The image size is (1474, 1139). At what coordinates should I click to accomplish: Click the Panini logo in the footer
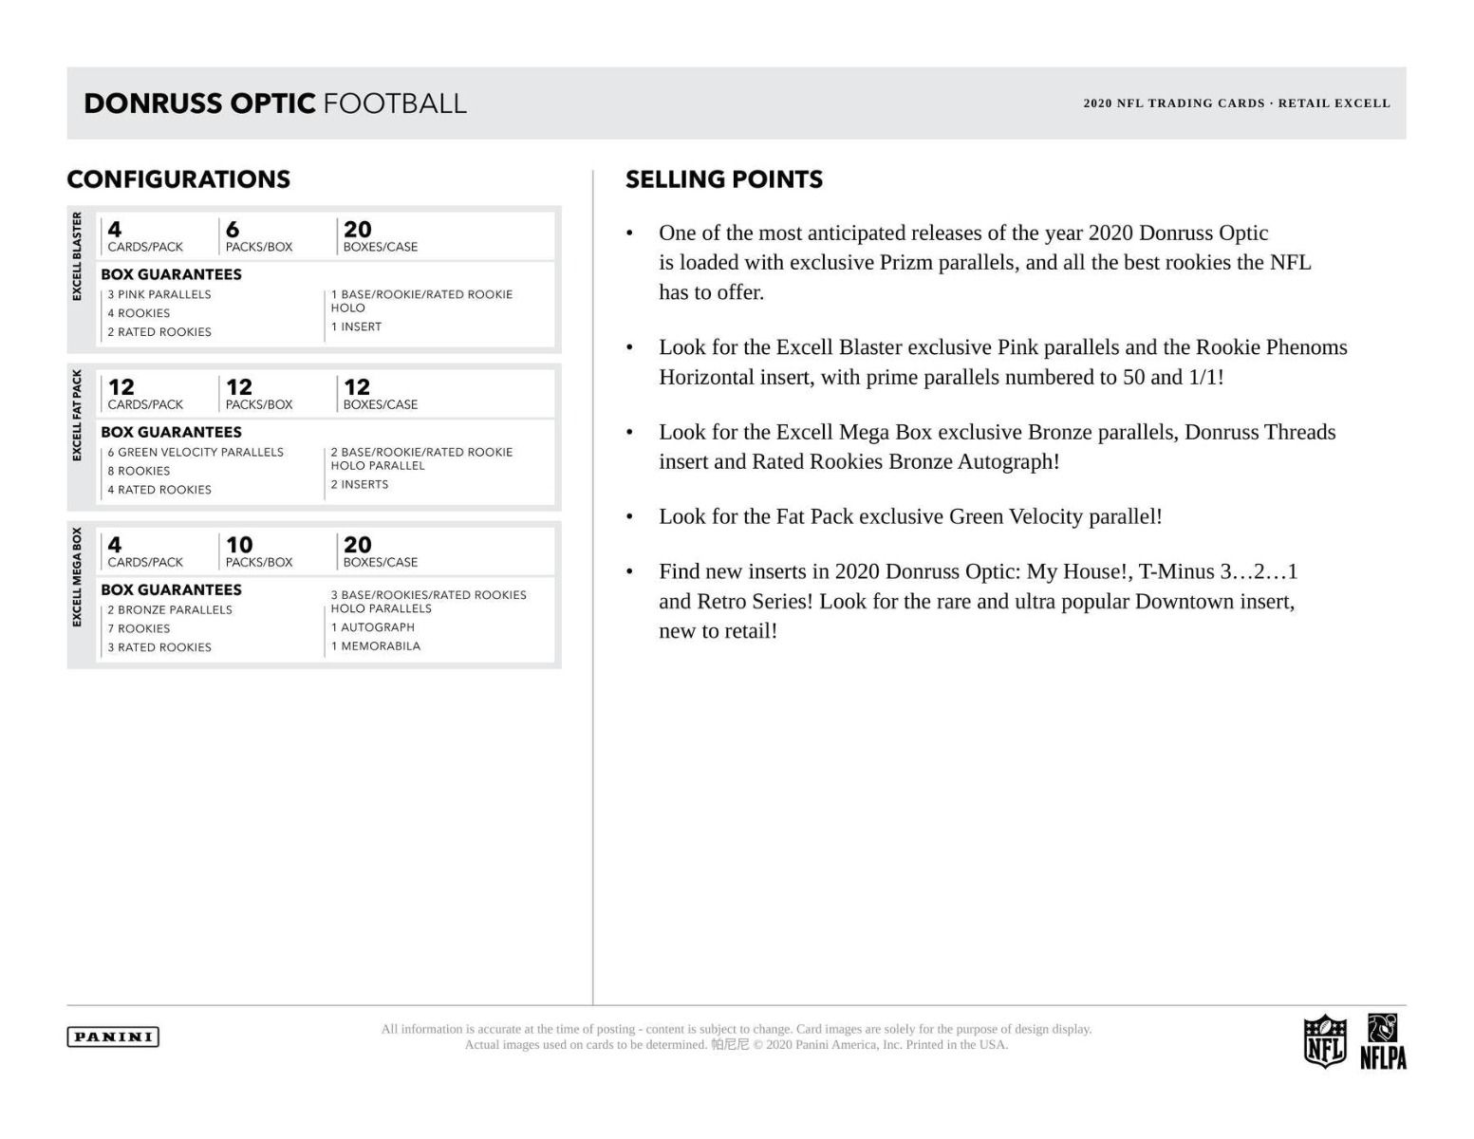point(113,1036)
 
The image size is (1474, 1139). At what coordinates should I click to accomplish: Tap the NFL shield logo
point(1324,1041)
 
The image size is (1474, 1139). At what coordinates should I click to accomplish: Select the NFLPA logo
point(1383,1041)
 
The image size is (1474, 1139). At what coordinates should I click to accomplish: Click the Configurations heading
point(178,179)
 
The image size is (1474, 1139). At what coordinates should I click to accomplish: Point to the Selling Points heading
point(723,179)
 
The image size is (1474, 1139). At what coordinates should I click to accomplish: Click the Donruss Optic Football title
point(275,103)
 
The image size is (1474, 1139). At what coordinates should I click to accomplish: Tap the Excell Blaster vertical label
point(78,256)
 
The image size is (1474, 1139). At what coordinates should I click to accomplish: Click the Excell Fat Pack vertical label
point(78,416)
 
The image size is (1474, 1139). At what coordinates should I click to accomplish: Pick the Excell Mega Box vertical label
point(78,577)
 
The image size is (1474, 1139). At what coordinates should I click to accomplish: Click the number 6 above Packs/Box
point(233,230)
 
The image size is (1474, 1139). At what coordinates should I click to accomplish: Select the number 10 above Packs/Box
point(239,545)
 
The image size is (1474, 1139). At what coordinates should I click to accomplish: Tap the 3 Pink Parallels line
point(159,294)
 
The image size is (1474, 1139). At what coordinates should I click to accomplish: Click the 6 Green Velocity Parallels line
point(196,452)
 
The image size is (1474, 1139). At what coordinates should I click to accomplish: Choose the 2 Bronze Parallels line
point(170,609)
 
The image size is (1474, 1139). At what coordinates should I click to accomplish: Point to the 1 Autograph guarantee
point(372,627)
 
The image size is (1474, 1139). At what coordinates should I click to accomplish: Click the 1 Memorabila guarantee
point(375,646)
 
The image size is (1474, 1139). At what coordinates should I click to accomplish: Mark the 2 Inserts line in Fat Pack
point(360,484)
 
